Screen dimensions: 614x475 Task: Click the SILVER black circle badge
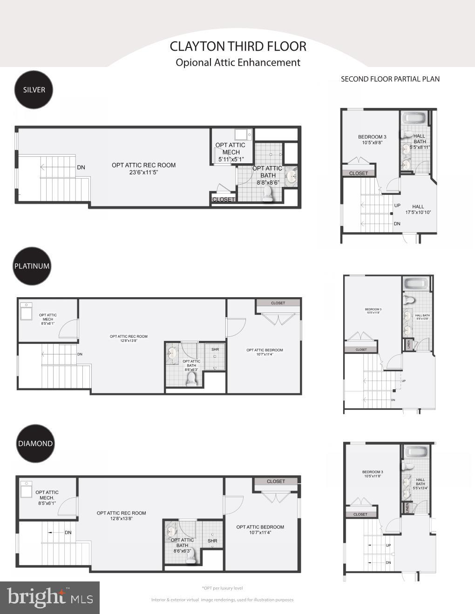tap(34, 90)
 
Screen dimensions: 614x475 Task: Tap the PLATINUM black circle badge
tap(32, 266)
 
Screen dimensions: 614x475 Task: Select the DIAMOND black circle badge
tap(35, 443)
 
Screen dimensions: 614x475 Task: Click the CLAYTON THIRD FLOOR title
tap(238, 47)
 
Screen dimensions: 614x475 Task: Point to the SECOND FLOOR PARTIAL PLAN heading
tap(390, 79)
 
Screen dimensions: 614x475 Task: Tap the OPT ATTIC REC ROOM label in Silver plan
tap(143, 168)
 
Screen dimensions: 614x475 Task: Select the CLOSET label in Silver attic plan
tap(224, 200)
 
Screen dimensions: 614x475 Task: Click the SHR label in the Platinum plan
tap(215, 349)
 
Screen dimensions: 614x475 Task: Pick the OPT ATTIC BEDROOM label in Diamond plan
tap(260, 530)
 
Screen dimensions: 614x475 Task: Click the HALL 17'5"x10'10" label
tap(418, 209)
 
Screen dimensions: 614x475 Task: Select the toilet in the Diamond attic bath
tap(191, 558)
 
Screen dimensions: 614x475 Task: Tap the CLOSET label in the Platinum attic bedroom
tap(278, 303)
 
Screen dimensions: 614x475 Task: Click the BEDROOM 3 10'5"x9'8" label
tap(372, 140)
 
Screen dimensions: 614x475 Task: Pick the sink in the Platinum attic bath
tap(171, 355)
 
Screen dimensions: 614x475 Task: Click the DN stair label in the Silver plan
tap(81, 167)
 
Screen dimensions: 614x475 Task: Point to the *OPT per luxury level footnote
tap(222, 588)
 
